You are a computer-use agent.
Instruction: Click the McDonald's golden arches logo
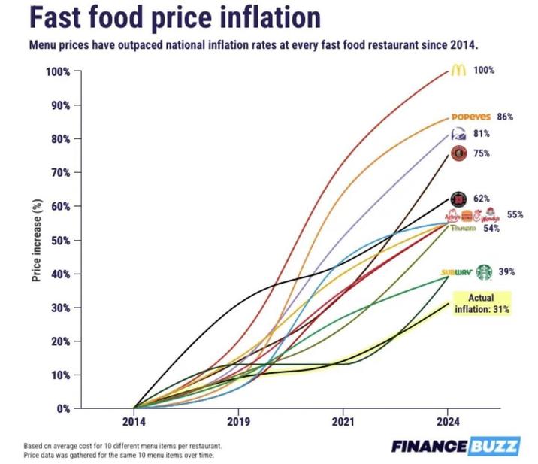[x=458, y=70]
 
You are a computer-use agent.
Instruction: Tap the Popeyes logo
[x=470, y=117]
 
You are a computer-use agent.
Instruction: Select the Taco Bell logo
[x=458, y=134]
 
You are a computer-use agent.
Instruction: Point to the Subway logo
[x=456, y=271]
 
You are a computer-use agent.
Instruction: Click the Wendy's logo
[x=491, y=215]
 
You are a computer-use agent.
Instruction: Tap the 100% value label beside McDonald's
[x=485, y=70]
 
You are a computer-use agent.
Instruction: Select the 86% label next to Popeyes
[x=505, y=117]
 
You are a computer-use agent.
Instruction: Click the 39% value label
[x=507, y=271]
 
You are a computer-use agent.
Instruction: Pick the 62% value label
[x=482, y=199]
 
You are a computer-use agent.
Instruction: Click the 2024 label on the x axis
[x=448, y=422]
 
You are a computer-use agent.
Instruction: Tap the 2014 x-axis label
[x=134, y=422]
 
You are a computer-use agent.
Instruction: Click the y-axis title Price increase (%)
[x=36, y=241]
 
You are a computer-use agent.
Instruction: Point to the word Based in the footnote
[x=34, y=445]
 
